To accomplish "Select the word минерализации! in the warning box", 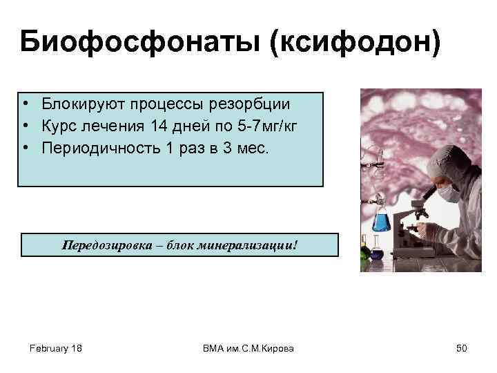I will (x=256, y=245).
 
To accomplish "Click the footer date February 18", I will (x=56, y=349).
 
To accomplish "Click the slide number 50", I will (x=461, y=349).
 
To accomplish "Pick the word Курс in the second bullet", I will (x=57, y=126).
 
